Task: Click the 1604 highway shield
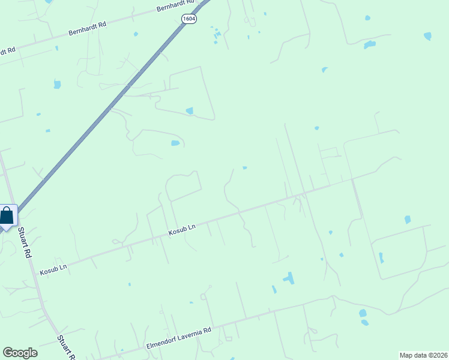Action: point(189,19)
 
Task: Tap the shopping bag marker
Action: point(7,216)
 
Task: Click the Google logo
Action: point(20,353)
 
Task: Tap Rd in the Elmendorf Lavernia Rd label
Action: point(208,330)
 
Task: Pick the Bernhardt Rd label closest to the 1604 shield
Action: point(173,8)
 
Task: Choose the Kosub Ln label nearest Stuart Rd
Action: point(53,269)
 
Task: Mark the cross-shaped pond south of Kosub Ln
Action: point(289,278)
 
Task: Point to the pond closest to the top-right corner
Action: point(427,36)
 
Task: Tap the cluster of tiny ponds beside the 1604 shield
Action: point(215,36)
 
